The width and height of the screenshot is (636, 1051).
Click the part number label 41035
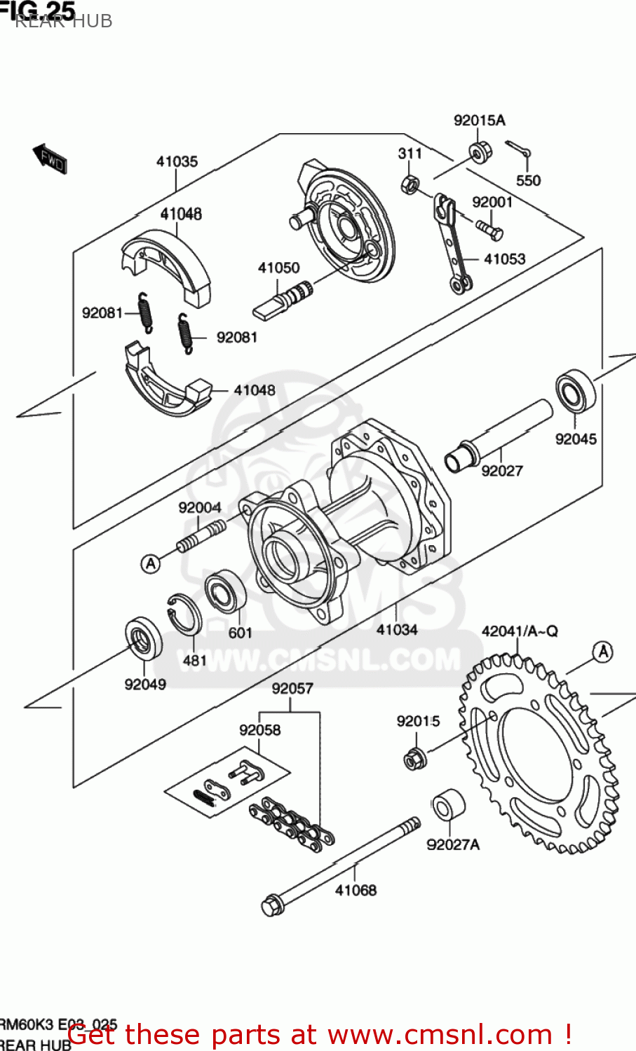coord(177,162)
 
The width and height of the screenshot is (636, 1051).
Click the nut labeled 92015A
coord(480,152)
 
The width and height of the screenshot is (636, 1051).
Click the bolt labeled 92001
coord(489,228)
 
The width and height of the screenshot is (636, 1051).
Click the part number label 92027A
coord(453,844)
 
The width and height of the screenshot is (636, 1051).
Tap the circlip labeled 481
coord(184,614)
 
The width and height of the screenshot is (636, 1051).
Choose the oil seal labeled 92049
coord(143,638)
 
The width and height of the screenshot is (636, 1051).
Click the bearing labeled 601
coord(225,592)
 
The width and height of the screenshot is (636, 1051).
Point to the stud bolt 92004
coord(201,536)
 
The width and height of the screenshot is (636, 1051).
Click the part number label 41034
coord(397,629)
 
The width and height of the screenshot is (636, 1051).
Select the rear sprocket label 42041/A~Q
coord(520,631)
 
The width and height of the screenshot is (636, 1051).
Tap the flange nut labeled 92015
coord(415,760)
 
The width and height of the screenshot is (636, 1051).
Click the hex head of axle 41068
coord(271,905)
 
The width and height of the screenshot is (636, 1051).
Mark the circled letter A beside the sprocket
coord(602,652)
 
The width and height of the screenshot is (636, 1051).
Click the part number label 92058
coord(259,730)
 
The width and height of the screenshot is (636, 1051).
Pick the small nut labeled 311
coord(410,185)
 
